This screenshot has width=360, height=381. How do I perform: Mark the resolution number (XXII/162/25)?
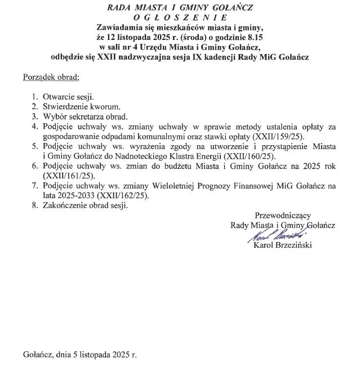[125, 195]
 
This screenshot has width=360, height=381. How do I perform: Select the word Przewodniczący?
[283, 216]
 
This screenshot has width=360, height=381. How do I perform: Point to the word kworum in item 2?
[105, 106]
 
